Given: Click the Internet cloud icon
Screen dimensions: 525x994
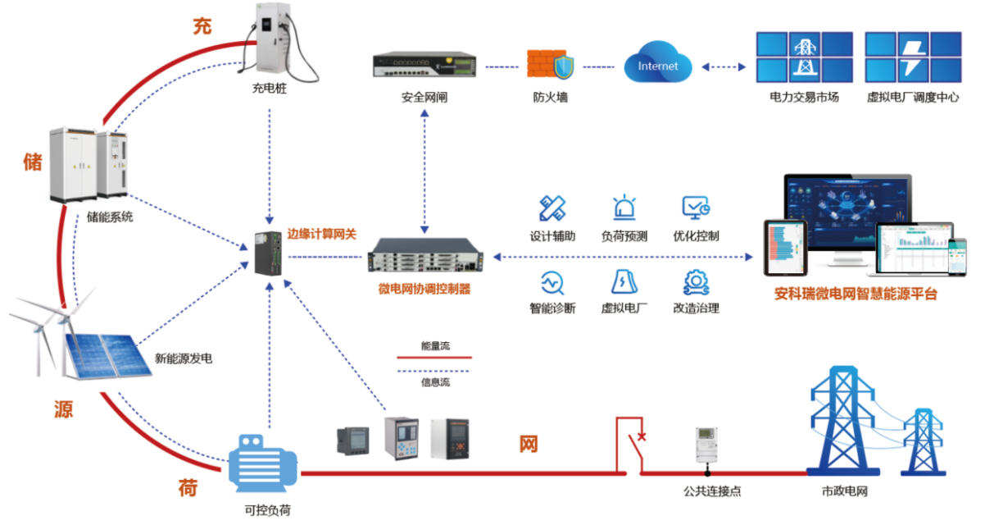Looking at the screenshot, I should (x=657, y=66).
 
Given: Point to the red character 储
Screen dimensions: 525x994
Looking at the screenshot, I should (x=32, y=162).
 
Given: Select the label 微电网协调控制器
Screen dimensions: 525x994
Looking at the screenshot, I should (x=424, y=290).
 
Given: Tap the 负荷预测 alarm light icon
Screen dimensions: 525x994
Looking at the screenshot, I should (x=624, y=208).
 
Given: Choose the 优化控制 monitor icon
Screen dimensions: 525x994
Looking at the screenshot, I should (x=696, y=208).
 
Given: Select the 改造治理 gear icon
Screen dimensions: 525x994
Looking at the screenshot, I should (x=696, y=281).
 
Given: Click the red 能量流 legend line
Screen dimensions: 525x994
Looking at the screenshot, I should (x=434, y=358).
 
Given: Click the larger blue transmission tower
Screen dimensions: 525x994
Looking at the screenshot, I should (x=844, y=418).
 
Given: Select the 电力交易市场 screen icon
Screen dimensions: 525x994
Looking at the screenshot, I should (x=804, y=57).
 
